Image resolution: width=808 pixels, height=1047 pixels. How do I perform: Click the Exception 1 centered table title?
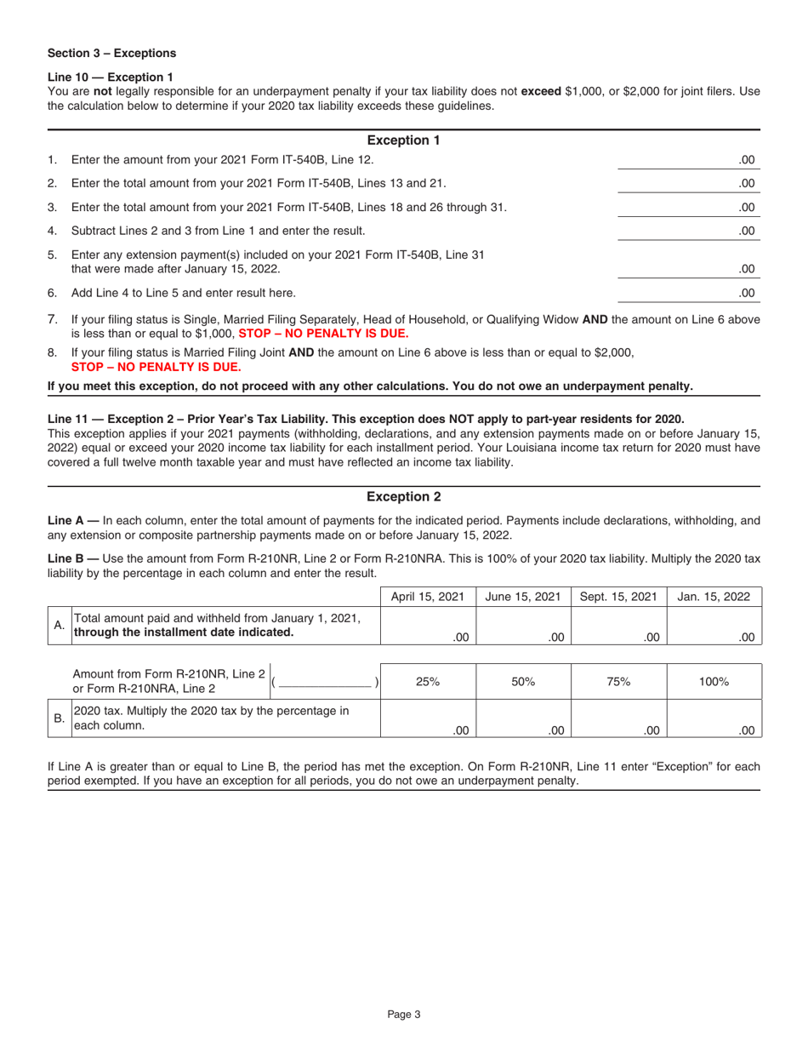click(x=403, y=140)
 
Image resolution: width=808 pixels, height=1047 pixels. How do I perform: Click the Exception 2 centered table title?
click(x=403, y=496)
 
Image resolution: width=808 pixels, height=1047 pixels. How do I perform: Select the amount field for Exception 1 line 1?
click(x=686, y=159)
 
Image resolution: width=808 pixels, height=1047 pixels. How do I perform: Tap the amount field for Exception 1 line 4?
click(x=686, y=230)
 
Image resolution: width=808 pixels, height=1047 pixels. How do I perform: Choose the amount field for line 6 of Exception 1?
click(x=686, y=294)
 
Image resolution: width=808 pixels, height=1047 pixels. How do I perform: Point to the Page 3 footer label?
click(x=404, y=1013)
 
